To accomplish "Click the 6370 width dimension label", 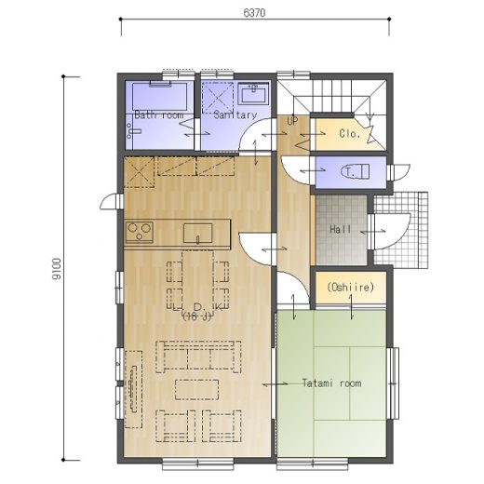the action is tap(254, 13).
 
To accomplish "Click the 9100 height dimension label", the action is tap(57, 269).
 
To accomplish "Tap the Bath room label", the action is tap(159, 115).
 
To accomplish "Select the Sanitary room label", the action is tap(235, 115).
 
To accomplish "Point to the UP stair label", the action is tap(292, 121).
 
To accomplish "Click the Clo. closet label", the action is tap(350, 134).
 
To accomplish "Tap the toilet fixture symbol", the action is tap(356, 172).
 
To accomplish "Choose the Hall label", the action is tap(341, 230).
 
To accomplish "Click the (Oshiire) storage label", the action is tap(351, 287).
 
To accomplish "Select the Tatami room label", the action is tap(332, 383).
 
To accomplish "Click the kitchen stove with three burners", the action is tap(140, 232).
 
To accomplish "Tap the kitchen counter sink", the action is tap(197, 234).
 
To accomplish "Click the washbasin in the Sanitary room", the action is tap(253, 93).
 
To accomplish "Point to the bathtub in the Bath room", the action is tap(160, 96).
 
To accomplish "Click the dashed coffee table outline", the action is tap(196, 389).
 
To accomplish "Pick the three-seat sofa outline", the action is tap(198, 356).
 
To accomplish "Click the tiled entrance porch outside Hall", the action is tap(400, 230).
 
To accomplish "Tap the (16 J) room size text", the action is tap(197, 316).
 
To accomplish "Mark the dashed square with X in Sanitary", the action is tap(218, 98).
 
